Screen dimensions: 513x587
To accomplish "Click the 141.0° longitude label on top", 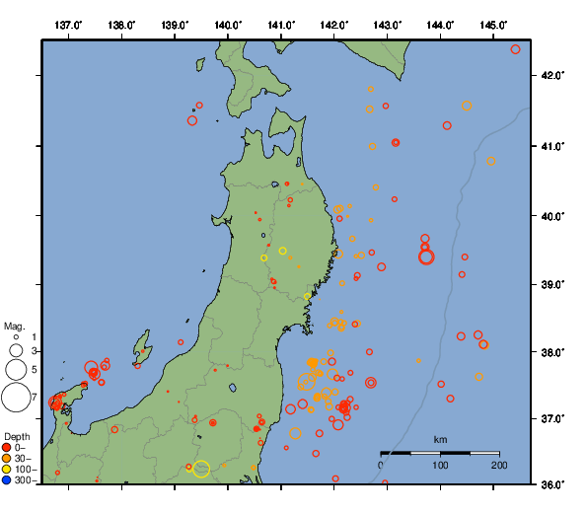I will [281, 24].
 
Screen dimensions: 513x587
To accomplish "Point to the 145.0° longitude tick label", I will [494, 24].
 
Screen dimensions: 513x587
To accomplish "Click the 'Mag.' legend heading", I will [14, 326].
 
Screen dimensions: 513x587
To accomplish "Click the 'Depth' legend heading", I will [16, 437].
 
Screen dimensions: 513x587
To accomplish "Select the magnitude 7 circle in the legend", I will [16, 398].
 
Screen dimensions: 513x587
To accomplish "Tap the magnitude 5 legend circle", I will [16, 370].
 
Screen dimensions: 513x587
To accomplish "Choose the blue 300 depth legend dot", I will [7, 480].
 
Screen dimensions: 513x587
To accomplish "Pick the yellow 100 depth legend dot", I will [7, 470].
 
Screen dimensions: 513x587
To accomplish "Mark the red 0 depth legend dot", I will [7, 448].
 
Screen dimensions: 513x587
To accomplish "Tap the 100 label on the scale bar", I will [440, 465].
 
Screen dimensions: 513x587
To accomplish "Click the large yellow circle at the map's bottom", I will [201, 469].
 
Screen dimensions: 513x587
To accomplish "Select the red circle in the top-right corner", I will [516, 49].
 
